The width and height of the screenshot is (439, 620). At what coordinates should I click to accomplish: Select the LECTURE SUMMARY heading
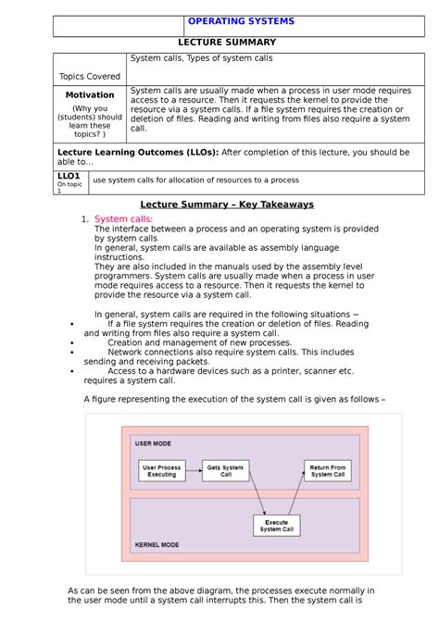[x=227, y=43]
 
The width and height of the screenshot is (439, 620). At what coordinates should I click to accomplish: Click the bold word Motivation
[x=90, y=94]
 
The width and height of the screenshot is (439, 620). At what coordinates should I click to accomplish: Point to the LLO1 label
[x=69, y=175]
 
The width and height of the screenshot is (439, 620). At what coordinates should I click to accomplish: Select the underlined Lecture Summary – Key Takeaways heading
[x=227, y=204]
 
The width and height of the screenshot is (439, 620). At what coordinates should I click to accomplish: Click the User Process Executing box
[x=162, y=471]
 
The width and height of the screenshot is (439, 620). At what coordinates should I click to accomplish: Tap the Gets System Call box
[x=226, y=471]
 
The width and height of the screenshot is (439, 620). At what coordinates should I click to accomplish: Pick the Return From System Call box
[x=327, y=471]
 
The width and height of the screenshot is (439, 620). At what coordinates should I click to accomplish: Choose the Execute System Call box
[x=277, y=525]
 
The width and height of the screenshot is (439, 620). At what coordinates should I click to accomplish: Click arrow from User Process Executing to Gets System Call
[x=194, y=471]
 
